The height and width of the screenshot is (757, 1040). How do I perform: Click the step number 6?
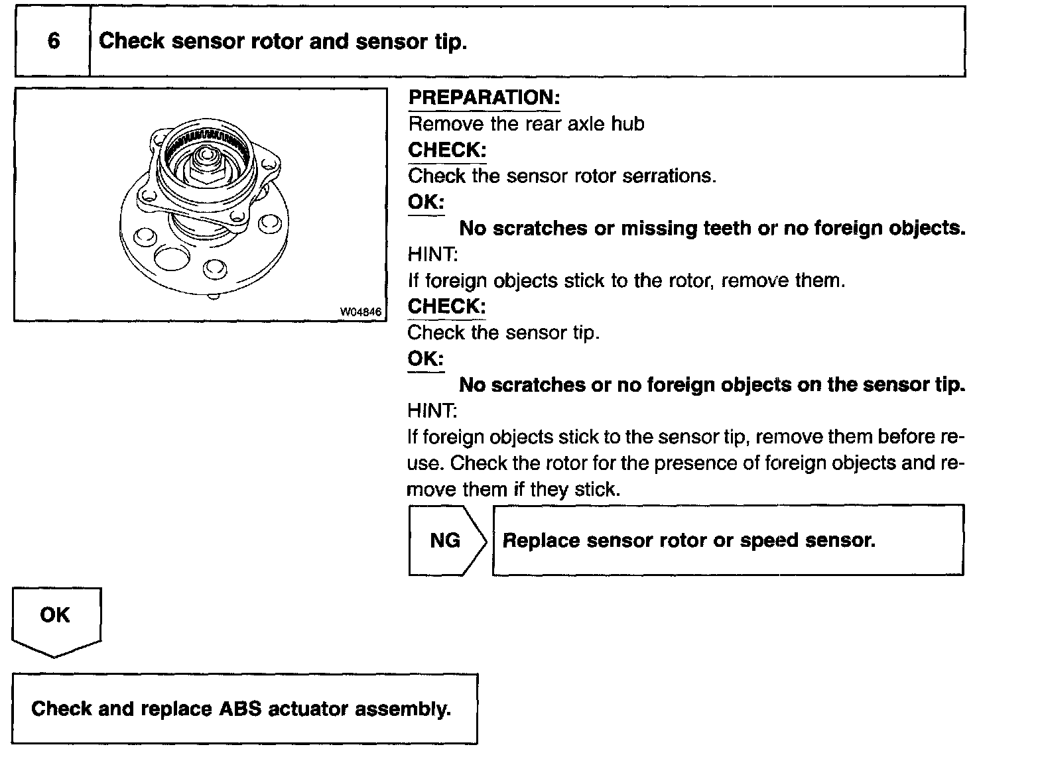[53, 41]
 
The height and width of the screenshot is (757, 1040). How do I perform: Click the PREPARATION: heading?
[484, 98]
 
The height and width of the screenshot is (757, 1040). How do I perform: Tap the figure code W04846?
[362, 312]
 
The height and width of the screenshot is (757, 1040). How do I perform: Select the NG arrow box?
[445, 540]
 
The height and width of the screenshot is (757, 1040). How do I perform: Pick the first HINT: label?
[432, 255]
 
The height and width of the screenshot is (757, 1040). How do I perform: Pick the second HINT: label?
[432, 411]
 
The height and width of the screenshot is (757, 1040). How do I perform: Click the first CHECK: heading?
[447, 150]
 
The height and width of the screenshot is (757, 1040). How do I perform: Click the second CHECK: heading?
[447, 306]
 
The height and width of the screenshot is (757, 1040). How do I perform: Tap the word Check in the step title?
[131, 41]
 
